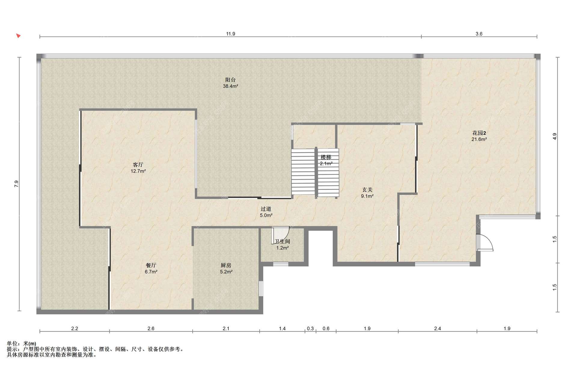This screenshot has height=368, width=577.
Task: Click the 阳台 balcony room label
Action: tap(230, 80)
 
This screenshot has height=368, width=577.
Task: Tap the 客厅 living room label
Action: tap(138, 165)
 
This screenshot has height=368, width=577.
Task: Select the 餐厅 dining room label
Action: tap(151, 265)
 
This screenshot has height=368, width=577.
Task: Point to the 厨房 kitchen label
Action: tap(226, 265)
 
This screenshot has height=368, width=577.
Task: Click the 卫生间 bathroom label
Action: tap(282, 241)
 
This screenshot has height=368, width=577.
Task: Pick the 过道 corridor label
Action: tap(266, 209)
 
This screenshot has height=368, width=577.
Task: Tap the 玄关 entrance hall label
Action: tap(367, 190)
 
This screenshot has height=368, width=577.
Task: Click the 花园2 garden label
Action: tap(479, 133)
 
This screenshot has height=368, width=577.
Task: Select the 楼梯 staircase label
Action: tap(326, 157)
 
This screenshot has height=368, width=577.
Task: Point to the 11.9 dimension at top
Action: tap(230, 34)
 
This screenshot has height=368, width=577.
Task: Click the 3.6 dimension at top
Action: tap(479, 34)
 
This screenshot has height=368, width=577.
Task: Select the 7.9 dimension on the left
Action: tap(17, 184)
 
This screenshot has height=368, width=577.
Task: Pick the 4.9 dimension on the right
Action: tap(555, 136)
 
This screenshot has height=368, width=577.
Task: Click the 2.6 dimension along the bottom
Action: tap(151, 328)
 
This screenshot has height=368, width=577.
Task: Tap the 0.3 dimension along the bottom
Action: tap(310, 328)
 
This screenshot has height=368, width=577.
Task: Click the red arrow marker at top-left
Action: tap(18, 36)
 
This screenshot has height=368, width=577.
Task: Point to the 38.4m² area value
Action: tap(230, 86)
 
